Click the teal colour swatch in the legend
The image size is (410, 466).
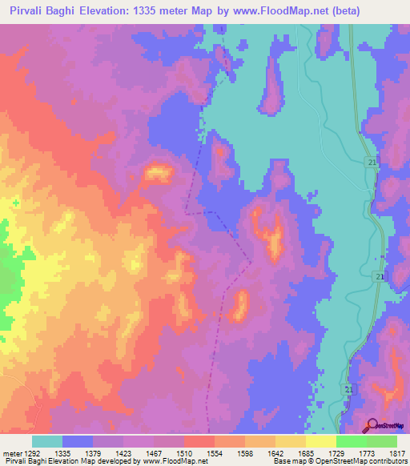point(47,441)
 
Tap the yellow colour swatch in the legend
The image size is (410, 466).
point(320,441)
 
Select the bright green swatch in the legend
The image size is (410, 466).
point(351,441)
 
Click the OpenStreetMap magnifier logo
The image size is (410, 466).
point(373,425)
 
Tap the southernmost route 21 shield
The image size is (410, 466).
point(348,389)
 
